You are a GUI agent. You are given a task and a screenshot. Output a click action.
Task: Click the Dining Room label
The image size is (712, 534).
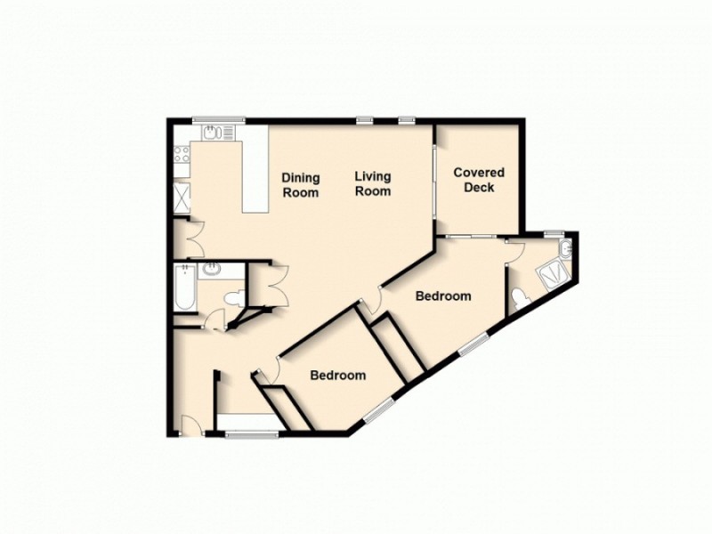300,184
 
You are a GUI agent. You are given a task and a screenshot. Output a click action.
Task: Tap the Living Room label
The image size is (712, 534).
372,183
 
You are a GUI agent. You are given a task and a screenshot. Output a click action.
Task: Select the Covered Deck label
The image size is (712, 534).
479,180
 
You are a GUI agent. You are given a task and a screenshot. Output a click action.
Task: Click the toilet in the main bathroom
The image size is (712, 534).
234,299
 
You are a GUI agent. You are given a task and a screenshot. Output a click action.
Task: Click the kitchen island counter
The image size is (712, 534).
255,169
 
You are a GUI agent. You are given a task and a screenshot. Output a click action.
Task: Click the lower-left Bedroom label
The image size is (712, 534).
337,376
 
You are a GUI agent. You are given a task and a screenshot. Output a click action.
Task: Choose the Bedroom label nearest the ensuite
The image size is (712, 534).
442,296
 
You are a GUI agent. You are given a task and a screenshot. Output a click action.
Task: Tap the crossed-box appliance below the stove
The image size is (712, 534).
183,195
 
